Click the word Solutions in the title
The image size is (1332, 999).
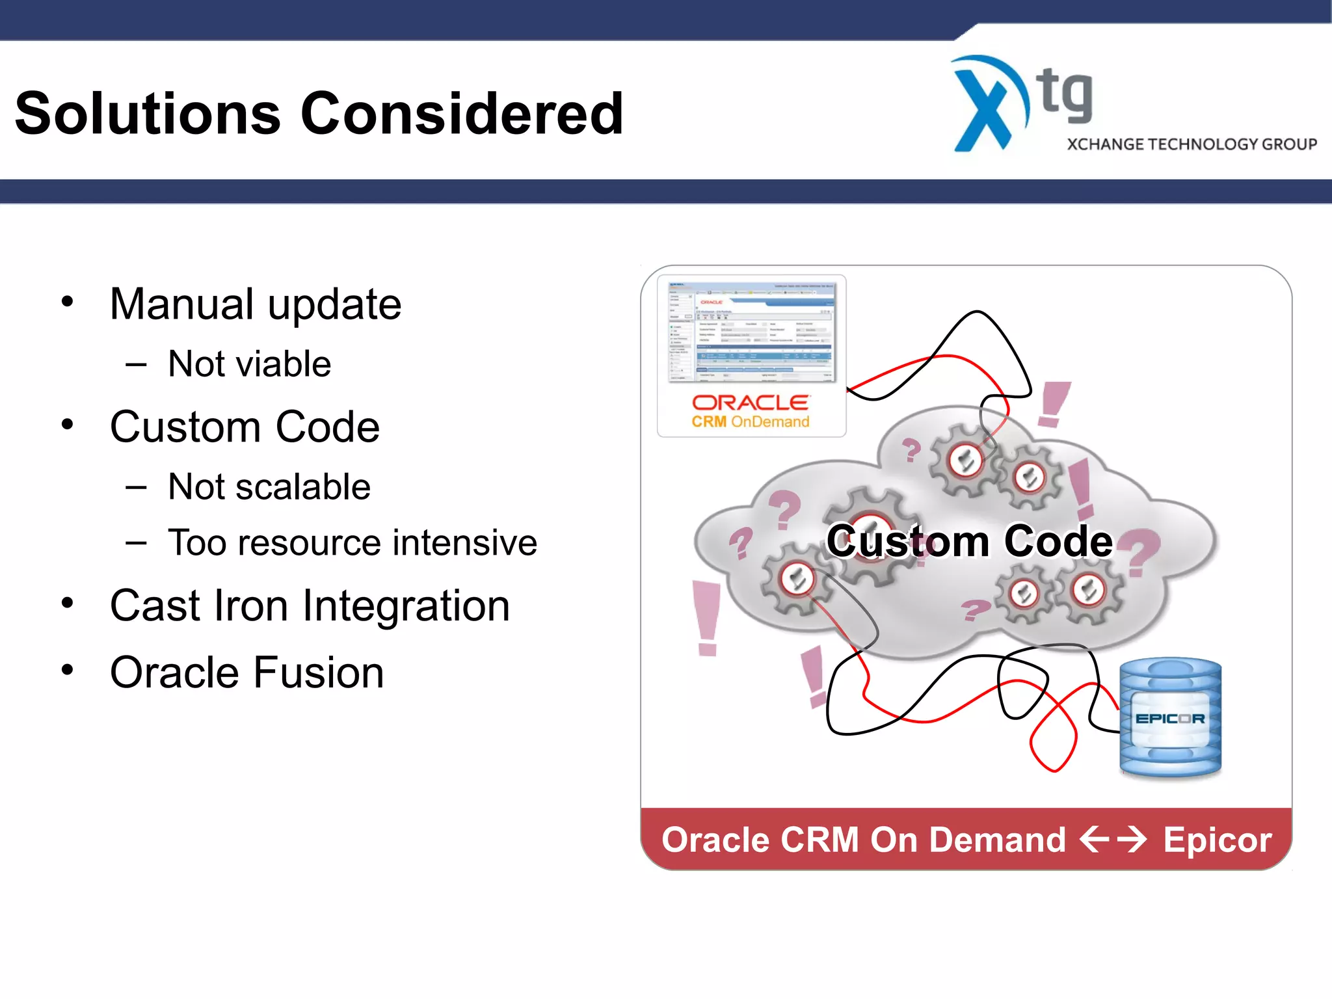(x=148, y=114)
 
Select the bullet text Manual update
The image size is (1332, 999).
(x=255, y=304)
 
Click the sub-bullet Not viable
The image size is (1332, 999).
(x=249, y=364)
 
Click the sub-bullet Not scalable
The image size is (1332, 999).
(x=269, y=486)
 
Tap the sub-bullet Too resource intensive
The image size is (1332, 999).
(x=352, y=542)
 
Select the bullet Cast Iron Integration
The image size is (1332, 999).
(x=310, y=606)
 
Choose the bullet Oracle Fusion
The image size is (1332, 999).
(x=246, y=673)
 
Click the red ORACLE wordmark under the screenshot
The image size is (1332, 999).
(x=750, y=403)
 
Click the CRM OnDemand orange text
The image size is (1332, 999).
(x=750, y=422)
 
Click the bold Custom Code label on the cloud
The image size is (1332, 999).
(x=969, y=541)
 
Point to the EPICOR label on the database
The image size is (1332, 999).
(x=1169, y=719)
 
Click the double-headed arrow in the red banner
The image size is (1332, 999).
(x=1113, y=839)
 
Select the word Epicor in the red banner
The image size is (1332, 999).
(x=1217, y=840)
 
